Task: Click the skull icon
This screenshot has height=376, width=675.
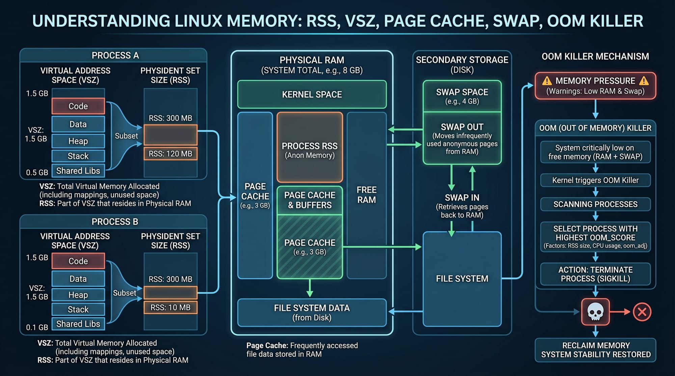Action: [x=595, y=312]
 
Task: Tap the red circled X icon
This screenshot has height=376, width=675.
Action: [x=642, y=312]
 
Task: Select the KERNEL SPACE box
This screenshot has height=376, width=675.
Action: [x=312, y=94]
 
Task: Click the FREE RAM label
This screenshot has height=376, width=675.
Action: [x=367, y=195]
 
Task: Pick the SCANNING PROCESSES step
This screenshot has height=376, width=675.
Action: [x=595, y=204]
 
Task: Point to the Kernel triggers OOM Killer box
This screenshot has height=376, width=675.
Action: [x=595, y=180]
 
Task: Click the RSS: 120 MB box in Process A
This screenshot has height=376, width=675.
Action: [x=170, y=154]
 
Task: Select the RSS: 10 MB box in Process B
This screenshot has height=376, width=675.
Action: [x=170, y=307]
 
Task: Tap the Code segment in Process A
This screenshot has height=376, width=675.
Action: [x=78, y=106]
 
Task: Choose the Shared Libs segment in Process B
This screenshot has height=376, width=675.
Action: [x=78, y=324]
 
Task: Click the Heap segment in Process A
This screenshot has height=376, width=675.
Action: [x=78, y=141]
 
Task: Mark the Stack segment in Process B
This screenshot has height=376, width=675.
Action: [x=78, y=309]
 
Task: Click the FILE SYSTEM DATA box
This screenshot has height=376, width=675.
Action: [x=312, y=313]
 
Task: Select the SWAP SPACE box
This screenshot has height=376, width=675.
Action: [x=462, y=96]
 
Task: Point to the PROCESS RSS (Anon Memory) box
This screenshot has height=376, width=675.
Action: [x=310, y=147]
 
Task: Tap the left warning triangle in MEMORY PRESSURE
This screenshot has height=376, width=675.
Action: [x=547, y=81]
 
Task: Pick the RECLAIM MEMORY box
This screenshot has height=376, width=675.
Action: [x=595, y=350]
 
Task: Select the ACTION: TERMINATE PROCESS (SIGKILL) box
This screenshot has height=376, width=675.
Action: [x=595, y=274]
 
